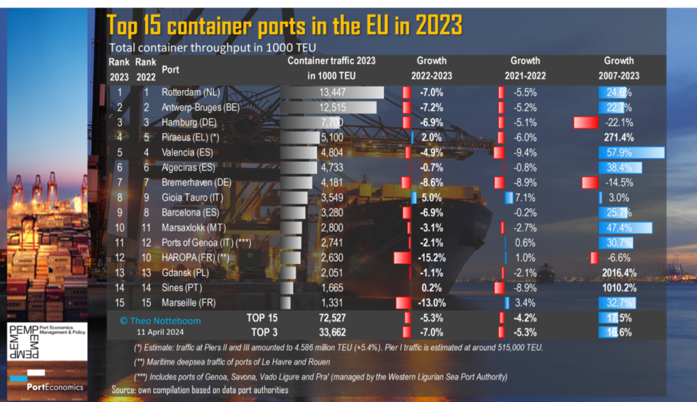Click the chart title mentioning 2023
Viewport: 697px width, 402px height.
285,26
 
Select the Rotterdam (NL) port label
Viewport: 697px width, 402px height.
189,92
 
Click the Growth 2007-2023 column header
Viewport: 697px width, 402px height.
618,68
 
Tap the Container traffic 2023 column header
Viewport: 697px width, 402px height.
331,68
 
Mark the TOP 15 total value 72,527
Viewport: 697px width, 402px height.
335,318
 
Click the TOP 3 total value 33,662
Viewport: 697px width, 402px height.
335,332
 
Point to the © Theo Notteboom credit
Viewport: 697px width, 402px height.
160,320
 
